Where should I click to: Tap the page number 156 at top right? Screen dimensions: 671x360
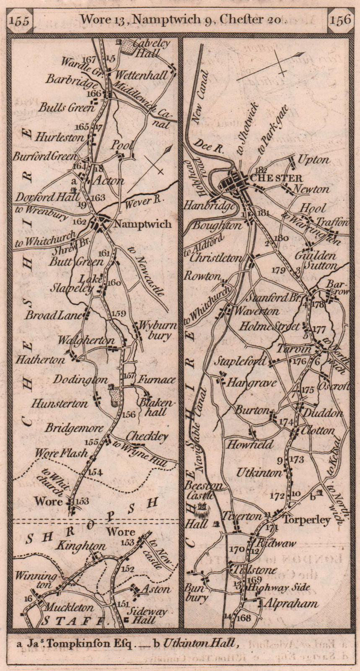tap(340, 20)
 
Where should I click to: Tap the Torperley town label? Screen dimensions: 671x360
tap(307, 520)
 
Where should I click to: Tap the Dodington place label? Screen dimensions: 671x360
tap(80, 380)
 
